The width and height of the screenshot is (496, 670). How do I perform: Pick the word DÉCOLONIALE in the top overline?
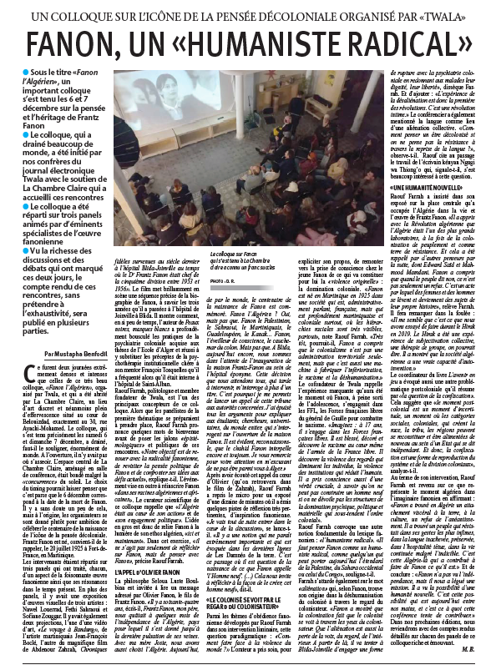[286, 12]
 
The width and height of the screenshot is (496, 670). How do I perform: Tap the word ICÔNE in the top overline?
[185, 12]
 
